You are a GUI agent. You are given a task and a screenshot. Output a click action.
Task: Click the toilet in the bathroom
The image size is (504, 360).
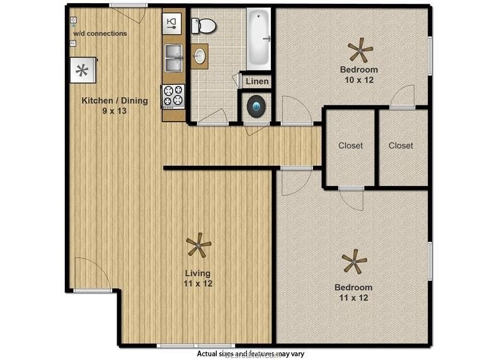(x=205, y=26)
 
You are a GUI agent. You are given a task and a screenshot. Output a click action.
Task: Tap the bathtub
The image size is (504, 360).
(x=258, y=39)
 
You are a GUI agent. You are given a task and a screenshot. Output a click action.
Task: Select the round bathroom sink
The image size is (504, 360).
(x=200, y=55)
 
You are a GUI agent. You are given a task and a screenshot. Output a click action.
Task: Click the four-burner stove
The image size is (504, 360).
(x=173, y=95)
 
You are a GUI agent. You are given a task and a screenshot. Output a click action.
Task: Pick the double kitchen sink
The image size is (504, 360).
(x=173, y=57)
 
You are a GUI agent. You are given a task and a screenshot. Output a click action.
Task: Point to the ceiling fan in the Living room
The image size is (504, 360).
(x=198, y=245)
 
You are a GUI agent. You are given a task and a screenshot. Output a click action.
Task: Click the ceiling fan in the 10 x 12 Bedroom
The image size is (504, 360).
(x=360, y=49)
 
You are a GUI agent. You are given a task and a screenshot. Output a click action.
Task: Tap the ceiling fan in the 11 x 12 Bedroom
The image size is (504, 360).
(x=354, y=260)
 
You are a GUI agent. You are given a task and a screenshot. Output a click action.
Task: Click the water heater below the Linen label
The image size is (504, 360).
(x=257, y=107)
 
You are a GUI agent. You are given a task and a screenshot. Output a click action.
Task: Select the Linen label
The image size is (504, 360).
(x=257, y=81)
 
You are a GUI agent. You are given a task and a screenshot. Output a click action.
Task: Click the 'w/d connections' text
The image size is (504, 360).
(x=100, y=33)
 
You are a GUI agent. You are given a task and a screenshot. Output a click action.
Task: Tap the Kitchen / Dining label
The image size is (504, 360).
(x=115, y=100)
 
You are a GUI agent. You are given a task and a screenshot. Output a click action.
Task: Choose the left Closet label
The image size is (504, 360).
(x=350, y=146)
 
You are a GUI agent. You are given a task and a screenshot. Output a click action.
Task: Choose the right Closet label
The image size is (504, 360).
(x=401, y=146)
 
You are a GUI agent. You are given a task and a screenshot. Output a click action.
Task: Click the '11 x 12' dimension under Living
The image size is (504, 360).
(x=198, y=284)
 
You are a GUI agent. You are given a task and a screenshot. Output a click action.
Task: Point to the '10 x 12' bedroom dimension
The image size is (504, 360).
(x=358, y=80)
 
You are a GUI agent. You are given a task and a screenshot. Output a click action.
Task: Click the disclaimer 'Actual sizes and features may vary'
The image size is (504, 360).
(x=250, y=354)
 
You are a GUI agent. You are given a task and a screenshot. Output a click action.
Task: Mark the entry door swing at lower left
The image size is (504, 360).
(x=92, y=274)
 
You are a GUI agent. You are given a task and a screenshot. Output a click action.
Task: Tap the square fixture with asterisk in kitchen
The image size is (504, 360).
(x=83, y=70)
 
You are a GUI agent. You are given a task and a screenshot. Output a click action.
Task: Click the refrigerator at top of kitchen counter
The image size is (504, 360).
(x=172, y=25)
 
